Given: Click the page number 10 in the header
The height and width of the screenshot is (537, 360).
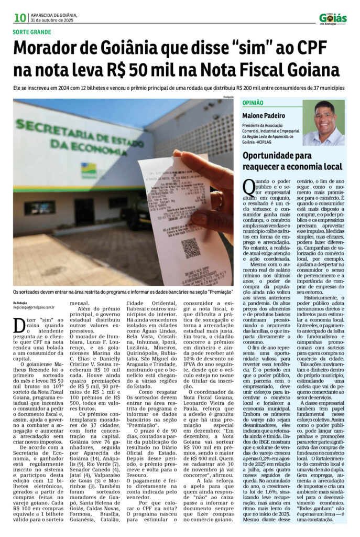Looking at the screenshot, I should (20, 18).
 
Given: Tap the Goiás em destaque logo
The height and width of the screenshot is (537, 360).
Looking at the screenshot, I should (333, 18).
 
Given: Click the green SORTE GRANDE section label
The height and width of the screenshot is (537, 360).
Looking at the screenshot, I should (32, 33).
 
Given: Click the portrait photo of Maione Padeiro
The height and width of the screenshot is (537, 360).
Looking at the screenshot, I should (323, 123).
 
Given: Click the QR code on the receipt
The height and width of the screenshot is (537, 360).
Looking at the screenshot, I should (191, 248).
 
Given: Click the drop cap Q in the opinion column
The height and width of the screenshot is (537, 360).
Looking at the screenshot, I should (249, 187).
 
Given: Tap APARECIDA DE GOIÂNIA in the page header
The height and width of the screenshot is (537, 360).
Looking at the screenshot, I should (54, 15).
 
